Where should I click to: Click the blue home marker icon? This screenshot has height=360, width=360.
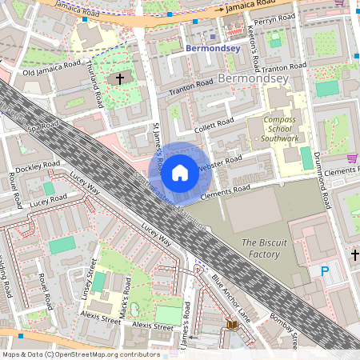click(180, 172)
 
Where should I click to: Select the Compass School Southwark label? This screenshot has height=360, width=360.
click(272, 129)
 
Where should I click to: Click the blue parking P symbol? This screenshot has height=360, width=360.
click(325, 271)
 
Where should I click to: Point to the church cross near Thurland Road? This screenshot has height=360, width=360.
click(121, 79)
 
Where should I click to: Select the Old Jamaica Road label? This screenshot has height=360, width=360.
click(51, 68)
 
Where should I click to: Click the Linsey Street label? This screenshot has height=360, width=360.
click(90, 275)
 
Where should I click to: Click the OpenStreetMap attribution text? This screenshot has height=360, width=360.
click(82, 354)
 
